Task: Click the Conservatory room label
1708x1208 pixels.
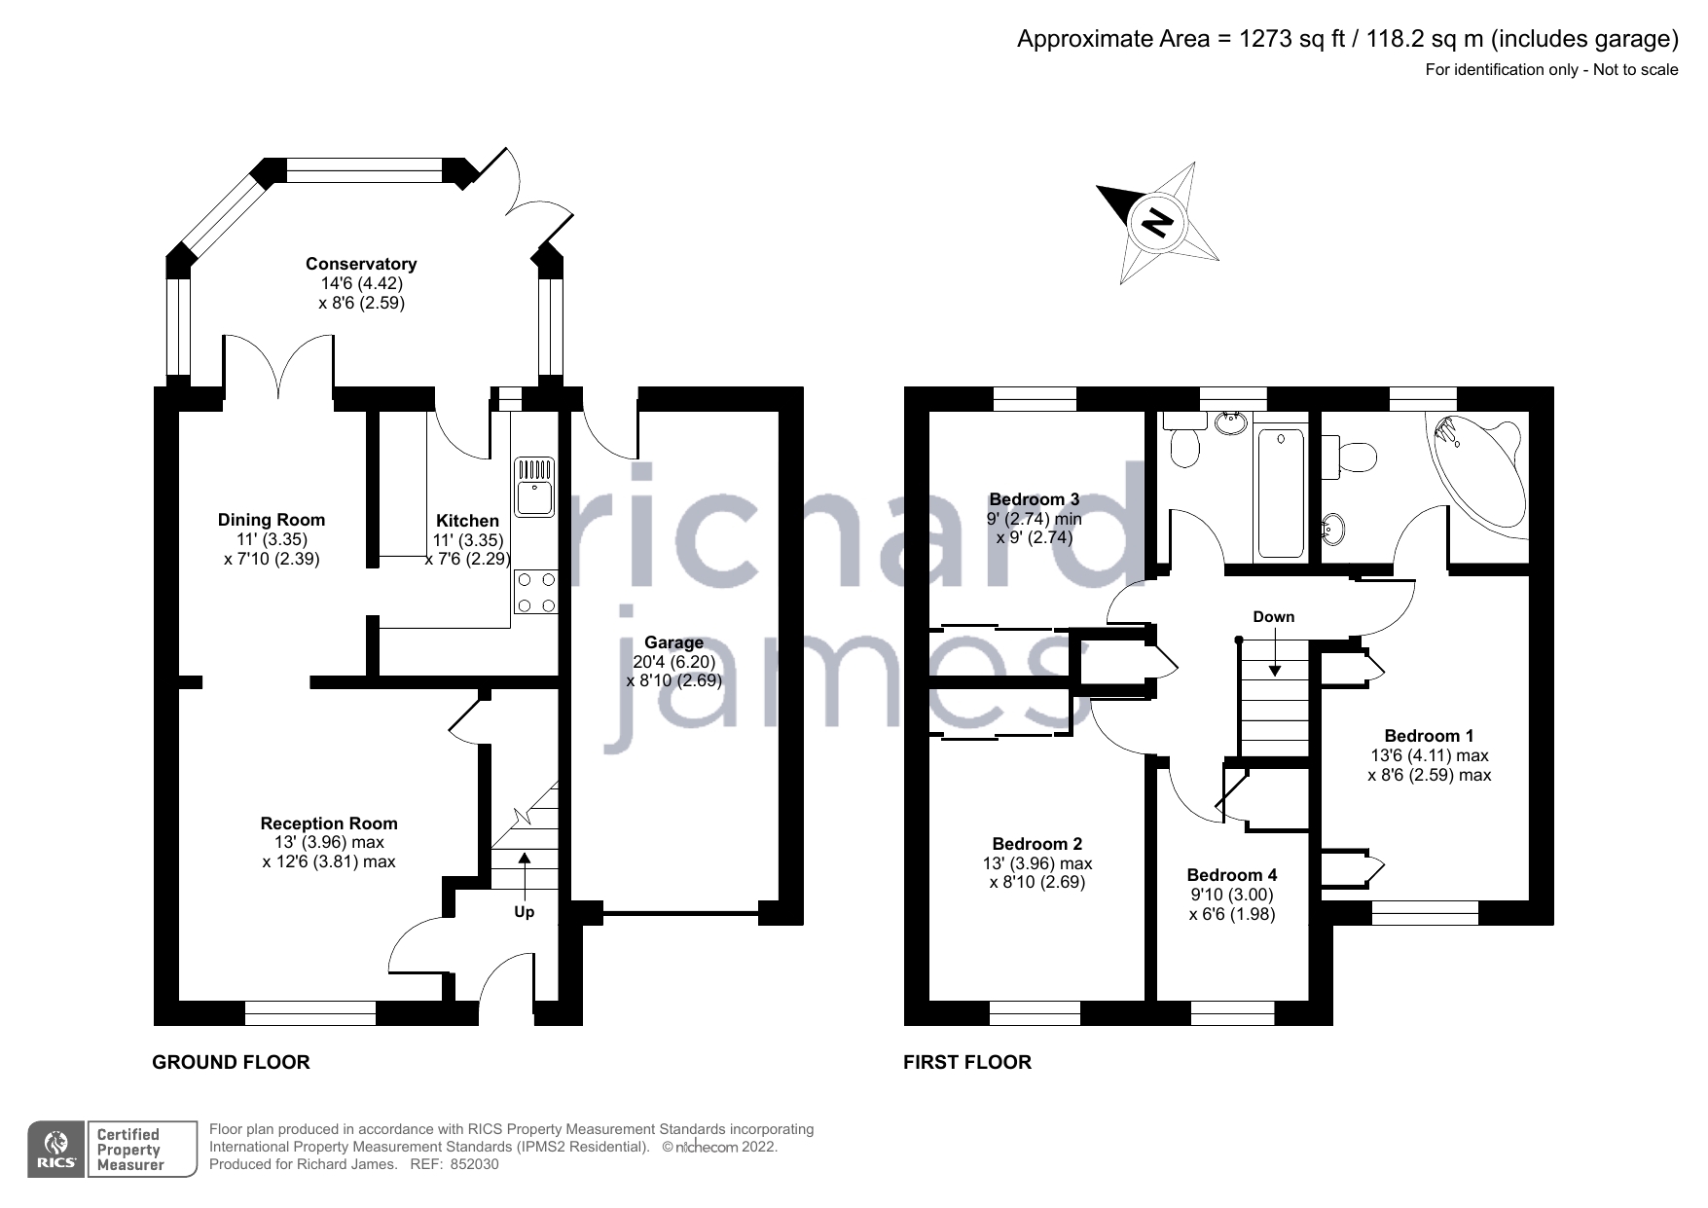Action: pyautogui.click(x=360, y=264)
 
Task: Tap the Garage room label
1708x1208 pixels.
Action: pyautogui.click(x=673, y=642)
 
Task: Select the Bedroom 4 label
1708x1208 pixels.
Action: pyautogui.click(x=1231, y=875)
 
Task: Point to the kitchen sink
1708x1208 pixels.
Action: pyautogui.click(x=534, y=486)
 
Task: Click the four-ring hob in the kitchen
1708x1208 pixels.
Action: pyautogui.click(x=535, y=592)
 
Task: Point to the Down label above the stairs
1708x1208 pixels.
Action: pyautogui.click(x=1273, y=616)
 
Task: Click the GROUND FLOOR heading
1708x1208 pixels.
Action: pyautogui.click(x=231, y=1062)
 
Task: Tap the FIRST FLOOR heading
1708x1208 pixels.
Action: pyautogui.click(x=966, y=1062)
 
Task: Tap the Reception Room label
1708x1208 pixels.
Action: pyautogui.click(x=329, y=824)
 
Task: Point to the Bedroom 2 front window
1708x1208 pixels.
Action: pyautogui.click(x=1035, y=1013)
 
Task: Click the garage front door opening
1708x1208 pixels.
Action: pyautogui.click(x=680, y=913)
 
